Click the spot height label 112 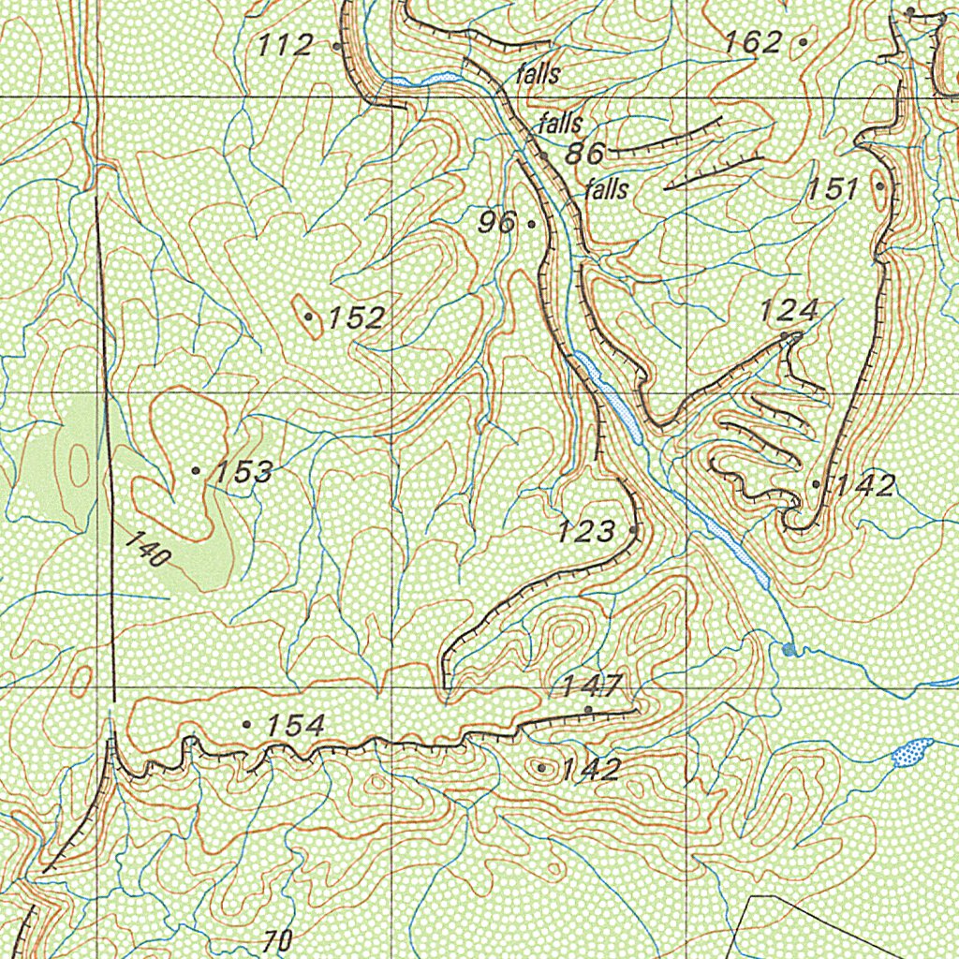pos(286,44)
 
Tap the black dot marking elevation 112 pos(336,44)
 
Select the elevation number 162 pos(753,41)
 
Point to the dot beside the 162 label pos(803,42)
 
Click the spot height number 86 pos(584,154)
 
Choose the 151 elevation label pos(834,188)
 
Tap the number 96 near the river pos(496,223)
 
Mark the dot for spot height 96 pos(532,224)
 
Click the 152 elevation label pos(356,317)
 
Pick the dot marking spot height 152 pos(308,317)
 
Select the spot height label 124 pos(789,310)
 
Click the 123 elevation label pos(586,532)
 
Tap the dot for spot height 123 pos(635,530)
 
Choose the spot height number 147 pos(593,686)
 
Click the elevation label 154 pos(295,725)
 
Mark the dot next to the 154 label pos(246,724)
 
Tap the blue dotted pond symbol pos(910,751)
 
